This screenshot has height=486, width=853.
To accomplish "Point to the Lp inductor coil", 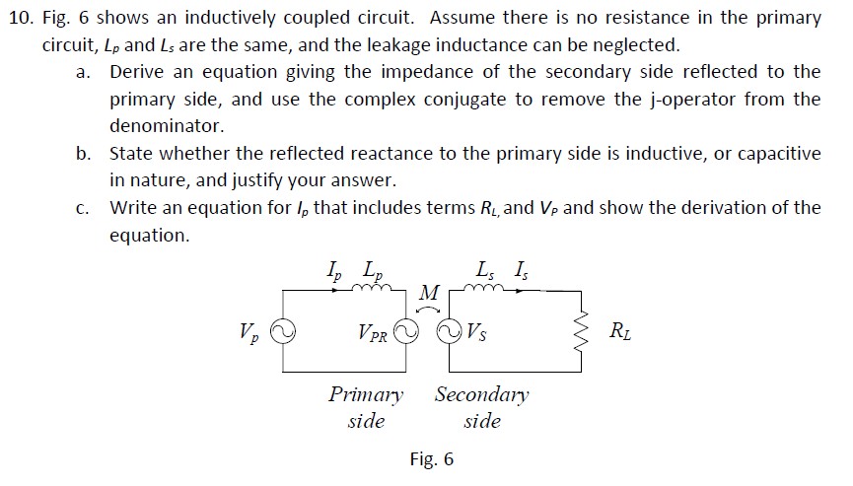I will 377,290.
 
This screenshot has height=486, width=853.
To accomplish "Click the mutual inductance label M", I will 428,293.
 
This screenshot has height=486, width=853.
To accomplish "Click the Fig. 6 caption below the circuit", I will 431,459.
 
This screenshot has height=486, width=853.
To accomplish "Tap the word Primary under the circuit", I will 366,395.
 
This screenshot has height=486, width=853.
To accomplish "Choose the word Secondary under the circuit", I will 481,395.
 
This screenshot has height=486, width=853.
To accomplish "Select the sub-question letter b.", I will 83,153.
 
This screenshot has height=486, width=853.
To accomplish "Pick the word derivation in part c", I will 706,207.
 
